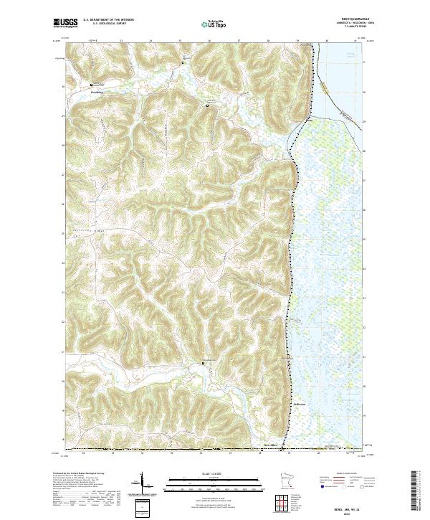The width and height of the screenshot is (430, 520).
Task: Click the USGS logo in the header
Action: coord(64,24)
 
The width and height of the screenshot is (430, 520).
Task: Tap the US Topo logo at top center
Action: coord(214,24)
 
